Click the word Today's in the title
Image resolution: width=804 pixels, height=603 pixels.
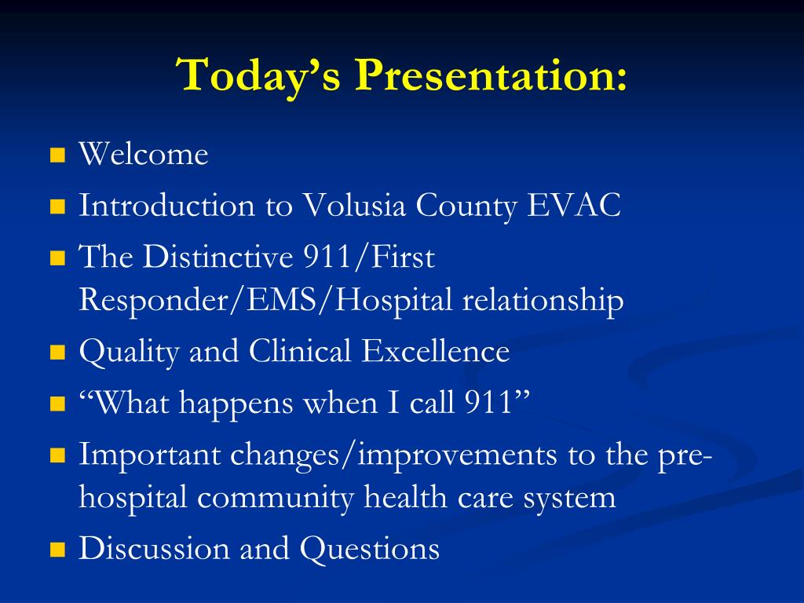tap(258, 75)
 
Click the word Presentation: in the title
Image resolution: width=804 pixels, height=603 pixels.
tap(491, 75)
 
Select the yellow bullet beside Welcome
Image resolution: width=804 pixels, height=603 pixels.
tap(58, 155)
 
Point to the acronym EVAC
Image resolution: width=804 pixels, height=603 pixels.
tap(574, 205)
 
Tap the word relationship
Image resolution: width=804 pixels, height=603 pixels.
tap(543, 301)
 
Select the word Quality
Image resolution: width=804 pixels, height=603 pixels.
tap(129, 352)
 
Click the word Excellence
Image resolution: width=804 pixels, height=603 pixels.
tap(435, 351)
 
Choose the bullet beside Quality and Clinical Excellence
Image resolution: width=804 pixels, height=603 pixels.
tap(58, 353)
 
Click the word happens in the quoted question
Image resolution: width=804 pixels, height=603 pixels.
tap(236, 403)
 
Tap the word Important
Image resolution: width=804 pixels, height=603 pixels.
tap(149, 455)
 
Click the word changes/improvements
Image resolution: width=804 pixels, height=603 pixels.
tap(393, 455)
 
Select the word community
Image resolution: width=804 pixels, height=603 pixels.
tap(276, 497)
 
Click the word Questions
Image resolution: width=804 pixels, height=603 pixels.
tap(370, 548)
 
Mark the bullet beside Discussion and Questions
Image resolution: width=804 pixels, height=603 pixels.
tap(58, 550)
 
